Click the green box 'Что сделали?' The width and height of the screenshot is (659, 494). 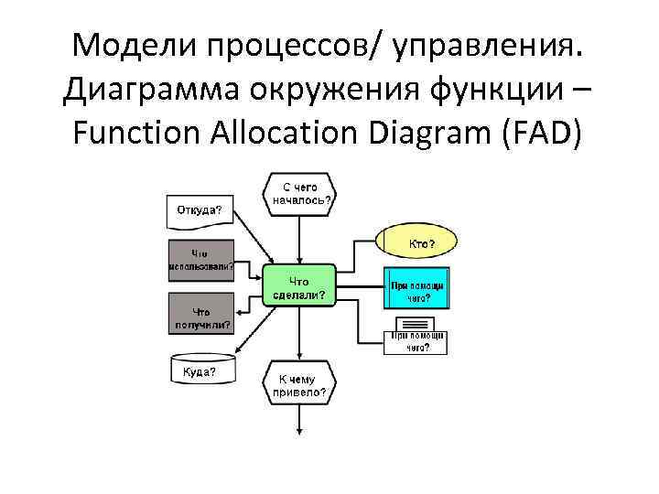(x=300, y=287)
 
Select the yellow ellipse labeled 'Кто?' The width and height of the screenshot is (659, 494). (x=416, y=243)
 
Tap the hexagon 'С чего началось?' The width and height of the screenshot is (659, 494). (x=300, y=193)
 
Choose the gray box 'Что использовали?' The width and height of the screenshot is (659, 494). (x=200, y=261)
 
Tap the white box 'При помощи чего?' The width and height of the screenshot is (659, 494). (x=416, y=337)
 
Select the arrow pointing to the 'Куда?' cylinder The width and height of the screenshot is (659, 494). (x=250, y=336)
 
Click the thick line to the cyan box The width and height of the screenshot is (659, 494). (x=360, y=286)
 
